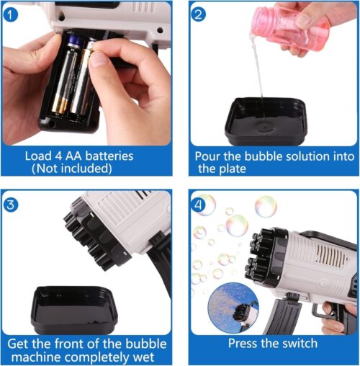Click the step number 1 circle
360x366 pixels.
(x=9, y=13)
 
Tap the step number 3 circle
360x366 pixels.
(x=9, y=205)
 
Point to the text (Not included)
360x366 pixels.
(x=71, y=169)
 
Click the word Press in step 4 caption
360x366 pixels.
(x=245, y=344)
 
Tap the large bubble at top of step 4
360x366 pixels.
(x=266, y=206)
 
